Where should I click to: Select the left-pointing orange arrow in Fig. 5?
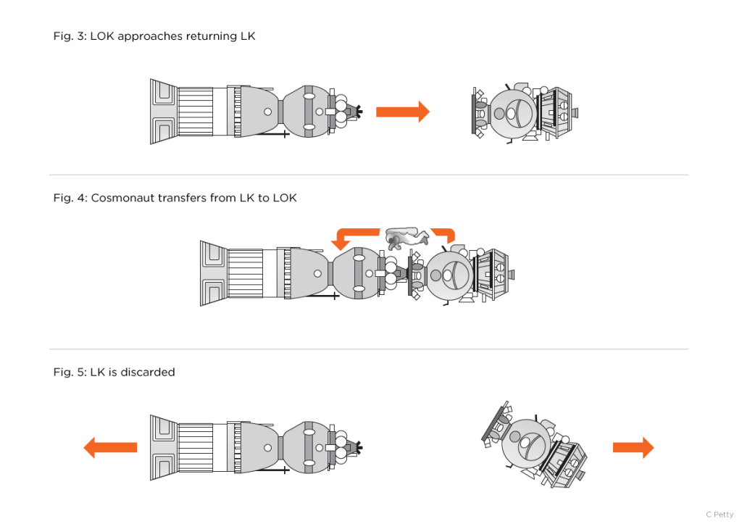coord(110,447)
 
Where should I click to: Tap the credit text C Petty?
coord(719,515)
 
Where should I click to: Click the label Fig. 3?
coord(69,36)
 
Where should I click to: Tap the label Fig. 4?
coord(69,198)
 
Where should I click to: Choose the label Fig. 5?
coord(69,372)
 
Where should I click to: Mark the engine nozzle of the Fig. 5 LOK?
coord(164,447)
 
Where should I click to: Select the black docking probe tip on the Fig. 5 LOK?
coord(358,448)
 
